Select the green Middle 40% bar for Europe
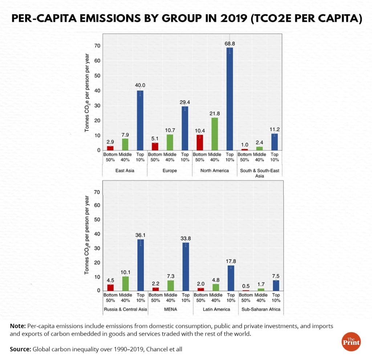pos(170,142)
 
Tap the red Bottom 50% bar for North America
pos(199,142)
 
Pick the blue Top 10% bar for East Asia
pos(140,120)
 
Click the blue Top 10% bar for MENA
pos(185,266)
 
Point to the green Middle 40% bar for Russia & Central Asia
pos(125,283)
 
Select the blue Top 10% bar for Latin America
pos(231,278)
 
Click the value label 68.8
pos(230,44)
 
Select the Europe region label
pos(169,171)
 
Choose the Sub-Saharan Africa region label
pos(260,309)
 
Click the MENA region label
pos(170,309)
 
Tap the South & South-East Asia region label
pos(260,173)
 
